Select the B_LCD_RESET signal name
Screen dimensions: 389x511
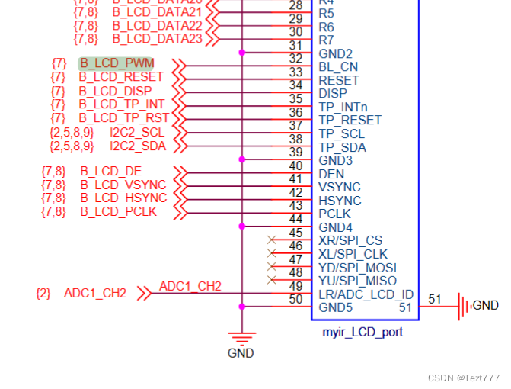coord(121,77)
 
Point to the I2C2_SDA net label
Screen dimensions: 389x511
coord(137,145)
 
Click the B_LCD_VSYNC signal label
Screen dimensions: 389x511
coord(123,185)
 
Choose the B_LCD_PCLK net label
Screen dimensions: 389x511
coord(118,211)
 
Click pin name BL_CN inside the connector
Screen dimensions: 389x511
coord(338,67)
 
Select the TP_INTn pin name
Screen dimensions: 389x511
coord(344,108)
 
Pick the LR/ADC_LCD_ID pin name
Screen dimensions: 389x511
coord(366,294)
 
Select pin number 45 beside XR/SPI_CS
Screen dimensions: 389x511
coord(296,233)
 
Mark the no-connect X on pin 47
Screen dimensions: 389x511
coord(271,267)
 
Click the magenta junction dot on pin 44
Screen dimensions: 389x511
coord(242,227)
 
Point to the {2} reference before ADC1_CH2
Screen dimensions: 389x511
coord(43,293)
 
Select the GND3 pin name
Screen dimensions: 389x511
coord(336,161)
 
